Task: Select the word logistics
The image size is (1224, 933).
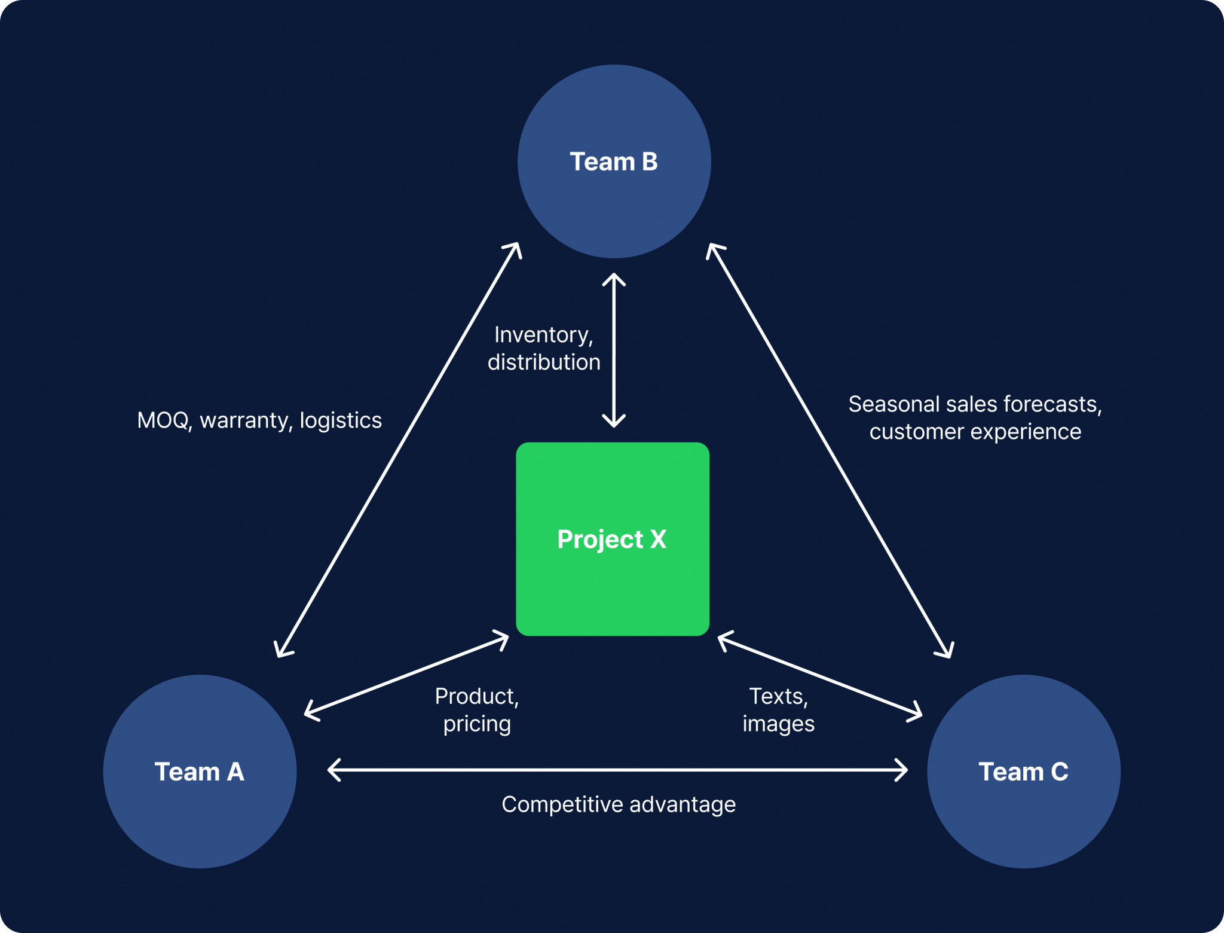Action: click(341, 420)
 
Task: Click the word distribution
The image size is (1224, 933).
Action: click(544, 362)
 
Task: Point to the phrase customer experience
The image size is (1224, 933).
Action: click(975, 432)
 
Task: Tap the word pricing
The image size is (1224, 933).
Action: click(476, 724)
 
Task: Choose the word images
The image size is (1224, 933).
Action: click(778, 724)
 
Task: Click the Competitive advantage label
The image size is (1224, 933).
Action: click(618, 804)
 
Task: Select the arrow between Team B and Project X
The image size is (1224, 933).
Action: click(614, 350)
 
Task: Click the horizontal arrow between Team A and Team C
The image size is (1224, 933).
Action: click(618, 770)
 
